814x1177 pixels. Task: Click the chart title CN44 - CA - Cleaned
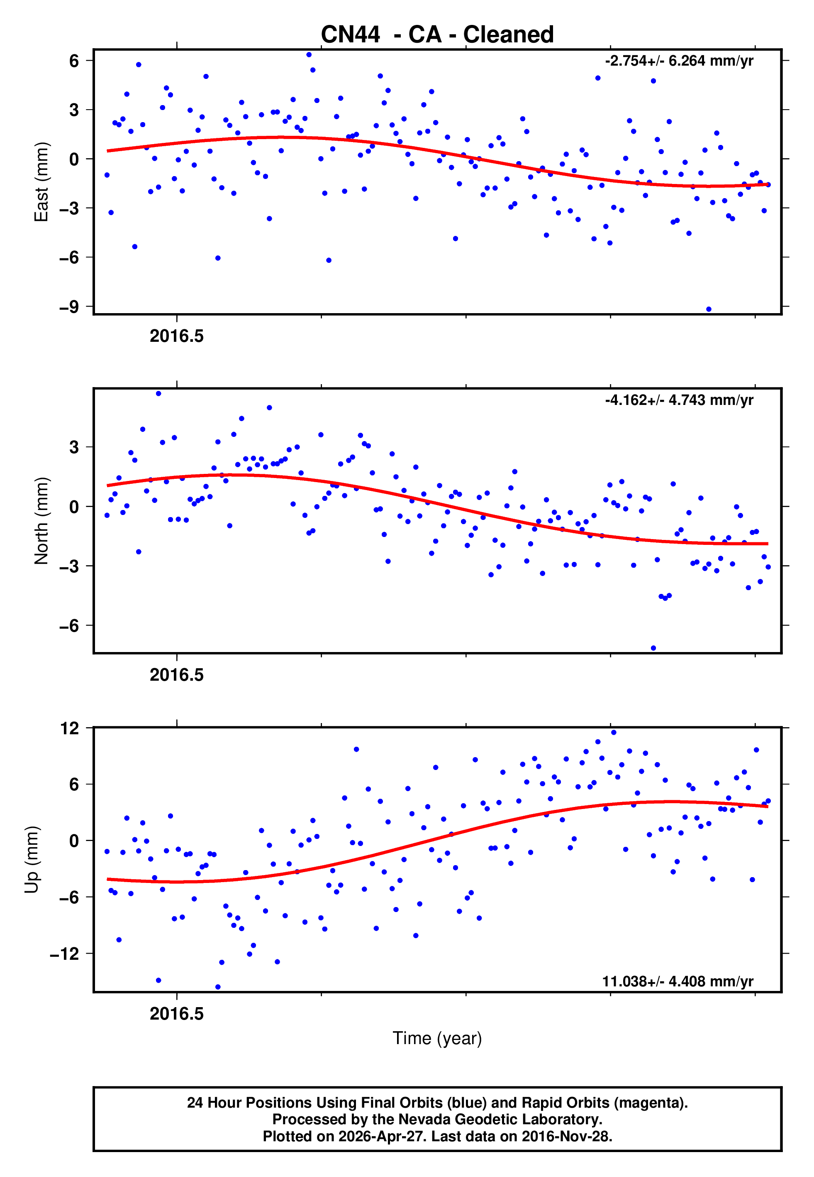tap(437, 35)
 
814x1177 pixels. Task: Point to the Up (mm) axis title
tap(32, 860)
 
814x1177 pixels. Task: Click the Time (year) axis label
tap(437, 1038)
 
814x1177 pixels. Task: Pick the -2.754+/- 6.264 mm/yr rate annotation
tap(679, 61)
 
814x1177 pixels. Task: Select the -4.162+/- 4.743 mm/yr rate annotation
tap(679, 400)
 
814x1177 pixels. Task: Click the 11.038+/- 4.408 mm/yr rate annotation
tap(678, 981)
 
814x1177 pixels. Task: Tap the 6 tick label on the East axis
tap(74, 61)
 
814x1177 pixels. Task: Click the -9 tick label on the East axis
tap(69, 307)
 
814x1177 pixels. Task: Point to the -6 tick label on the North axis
tap(69, 626)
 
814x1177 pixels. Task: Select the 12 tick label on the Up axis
tap(70, 728)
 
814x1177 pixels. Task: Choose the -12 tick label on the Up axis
tap(65, 954)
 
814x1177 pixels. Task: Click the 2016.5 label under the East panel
tap(176, 336)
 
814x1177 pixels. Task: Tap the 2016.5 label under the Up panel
tap(176, 1014)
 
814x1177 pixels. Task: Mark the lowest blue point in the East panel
tap(709, 309)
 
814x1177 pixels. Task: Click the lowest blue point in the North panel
tap(653, 648)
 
